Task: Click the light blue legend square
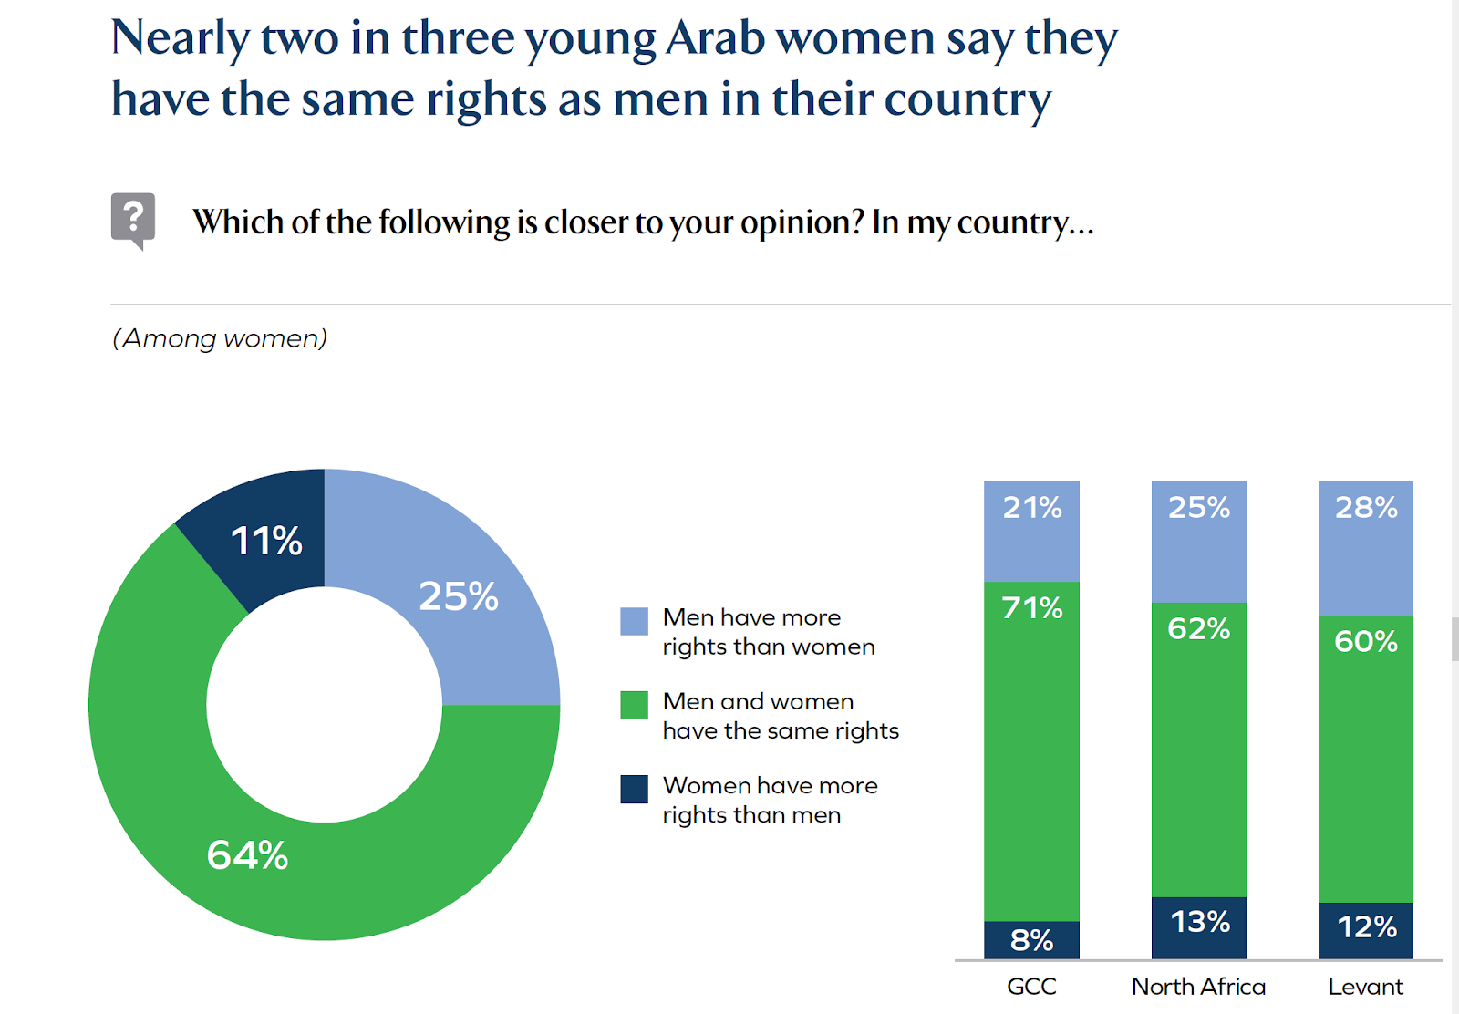634,621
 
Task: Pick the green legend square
634,705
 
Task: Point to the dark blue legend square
634,789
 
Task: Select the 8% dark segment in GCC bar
1031,940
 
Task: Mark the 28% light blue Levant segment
1365,548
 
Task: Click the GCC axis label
1031,987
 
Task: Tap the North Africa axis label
1198,987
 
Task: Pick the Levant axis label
1365,987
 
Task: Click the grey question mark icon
133,219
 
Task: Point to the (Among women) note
220,338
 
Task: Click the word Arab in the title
715,38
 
